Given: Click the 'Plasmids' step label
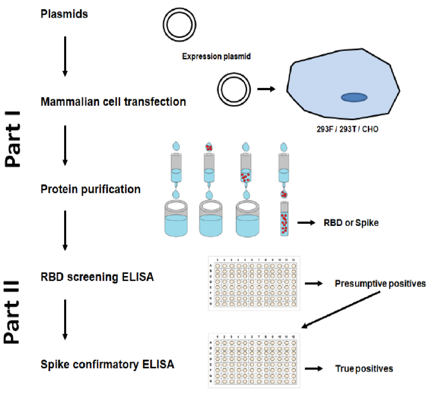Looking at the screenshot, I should (65, 14).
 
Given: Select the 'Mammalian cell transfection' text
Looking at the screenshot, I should (113, 101).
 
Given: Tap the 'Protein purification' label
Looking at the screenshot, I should (91, 189).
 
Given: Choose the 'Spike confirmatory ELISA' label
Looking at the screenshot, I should (107, 365).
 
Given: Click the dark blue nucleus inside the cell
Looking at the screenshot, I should (354, 97).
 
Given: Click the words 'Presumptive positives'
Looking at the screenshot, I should (380, 283).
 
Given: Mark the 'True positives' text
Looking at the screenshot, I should (364, 368).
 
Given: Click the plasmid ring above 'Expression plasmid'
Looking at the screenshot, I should (177, 25).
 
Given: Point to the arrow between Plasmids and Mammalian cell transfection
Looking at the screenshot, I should (65, 56).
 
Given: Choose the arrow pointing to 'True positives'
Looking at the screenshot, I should (315, 368).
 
